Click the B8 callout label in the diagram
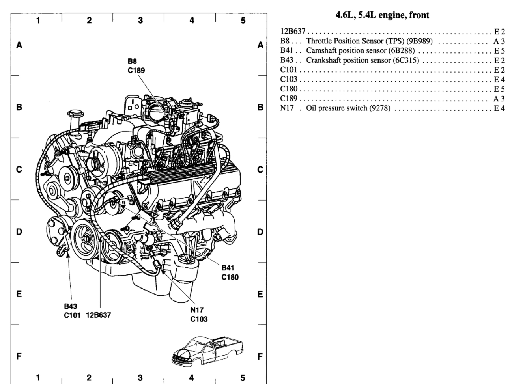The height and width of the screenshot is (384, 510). (132, 62)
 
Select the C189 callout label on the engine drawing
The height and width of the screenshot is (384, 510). (136, 71)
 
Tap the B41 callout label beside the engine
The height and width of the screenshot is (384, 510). (228, 268)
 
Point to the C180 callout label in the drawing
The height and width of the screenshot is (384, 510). (230, 277)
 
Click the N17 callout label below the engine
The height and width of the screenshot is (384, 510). (196, 310)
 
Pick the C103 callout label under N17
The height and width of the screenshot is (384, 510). (199, 319)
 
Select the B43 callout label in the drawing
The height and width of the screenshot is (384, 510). (70, 306)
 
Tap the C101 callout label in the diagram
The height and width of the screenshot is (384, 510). (73, 315)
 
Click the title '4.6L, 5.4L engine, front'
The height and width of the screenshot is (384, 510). (382, 15)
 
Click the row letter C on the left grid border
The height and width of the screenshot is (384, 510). (19, 170)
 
